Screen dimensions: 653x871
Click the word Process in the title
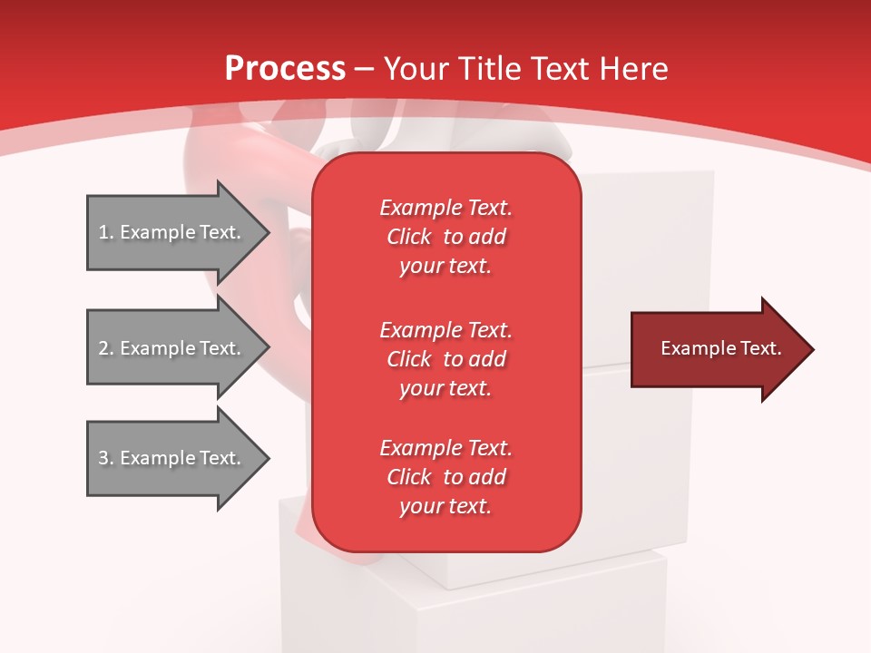[x=285, y=69]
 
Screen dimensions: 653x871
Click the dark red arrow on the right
[x=717, y=349]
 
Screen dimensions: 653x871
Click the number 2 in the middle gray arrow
[x=103, y=348]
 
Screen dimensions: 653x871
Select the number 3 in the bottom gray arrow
[x=103, y=458]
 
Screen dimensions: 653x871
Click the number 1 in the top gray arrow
[x=103, y=232]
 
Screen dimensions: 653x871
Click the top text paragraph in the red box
[x=445, y=237]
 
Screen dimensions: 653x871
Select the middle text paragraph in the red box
[x=445, y=359]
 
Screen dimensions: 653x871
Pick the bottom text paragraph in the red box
[x=445, y=477]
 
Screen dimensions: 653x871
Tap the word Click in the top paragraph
[x=408, y=237]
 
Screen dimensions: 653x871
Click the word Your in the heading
[x=416, y=69]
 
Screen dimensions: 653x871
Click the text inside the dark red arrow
[x=720, y=348]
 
